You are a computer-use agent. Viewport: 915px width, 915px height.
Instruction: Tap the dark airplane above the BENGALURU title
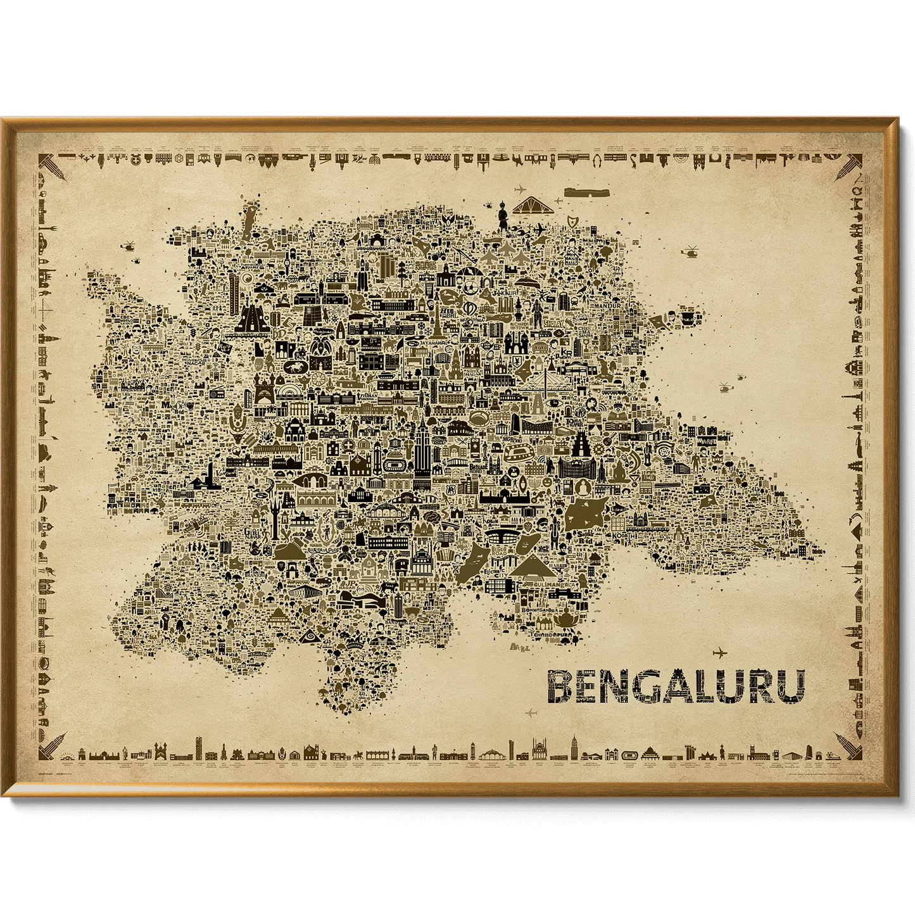(x=719, y=652)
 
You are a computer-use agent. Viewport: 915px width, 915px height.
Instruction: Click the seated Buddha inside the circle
(x=582, y=488)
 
